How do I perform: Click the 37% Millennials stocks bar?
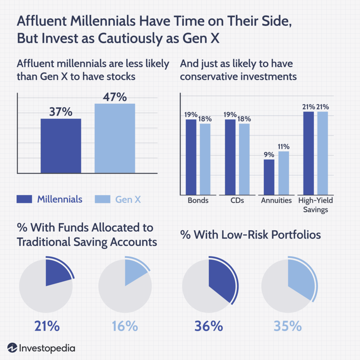point(61,146)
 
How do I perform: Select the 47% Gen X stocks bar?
point(115,139)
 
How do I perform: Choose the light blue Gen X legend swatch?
point(103,199)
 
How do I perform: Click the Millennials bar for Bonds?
point(191,157)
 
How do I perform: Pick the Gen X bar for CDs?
point(244,159)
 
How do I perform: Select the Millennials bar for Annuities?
point(269,177)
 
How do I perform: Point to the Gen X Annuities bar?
point(283,173)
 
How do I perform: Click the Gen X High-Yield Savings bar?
point(322,153)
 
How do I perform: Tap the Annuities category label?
point(276,201)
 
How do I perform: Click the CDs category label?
point(237,201)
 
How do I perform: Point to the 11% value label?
point(283,147)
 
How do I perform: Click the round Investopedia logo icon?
point(12,348)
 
